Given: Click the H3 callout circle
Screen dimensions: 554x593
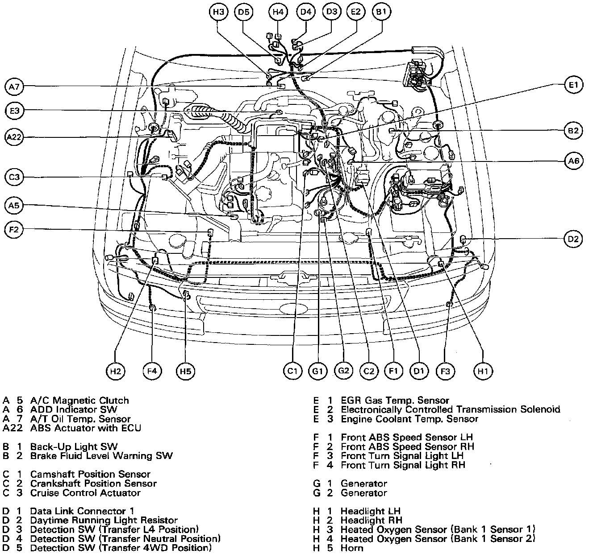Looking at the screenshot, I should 219,12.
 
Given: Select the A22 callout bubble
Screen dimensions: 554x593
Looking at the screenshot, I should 15,137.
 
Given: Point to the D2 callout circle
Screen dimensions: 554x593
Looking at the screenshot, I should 573,240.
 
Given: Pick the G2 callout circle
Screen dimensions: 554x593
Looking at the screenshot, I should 343,371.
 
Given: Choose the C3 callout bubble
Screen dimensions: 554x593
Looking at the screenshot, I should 15,178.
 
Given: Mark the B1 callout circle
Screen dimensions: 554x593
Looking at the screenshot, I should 381,12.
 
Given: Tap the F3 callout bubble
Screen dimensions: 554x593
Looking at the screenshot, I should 445,371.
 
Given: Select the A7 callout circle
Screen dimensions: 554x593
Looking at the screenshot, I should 15,87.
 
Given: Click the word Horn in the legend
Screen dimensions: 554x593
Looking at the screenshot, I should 352,548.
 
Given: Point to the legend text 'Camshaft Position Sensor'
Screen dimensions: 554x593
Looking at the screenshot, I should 90,474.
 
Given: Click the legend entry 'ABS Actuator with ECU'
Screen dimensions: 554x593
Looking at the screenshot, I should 85,428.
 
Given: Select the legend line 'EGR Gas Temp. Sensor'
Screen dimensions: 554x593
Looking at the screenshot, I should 395,401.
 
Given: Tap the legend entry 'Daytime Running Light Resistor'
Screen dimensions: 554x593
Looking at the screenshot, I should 104,520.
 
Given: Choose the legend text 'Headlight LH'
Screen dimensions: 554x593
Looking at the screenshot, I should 370,511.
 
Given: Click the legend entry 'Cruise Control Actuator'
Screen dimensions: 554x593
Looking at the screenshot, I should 85,493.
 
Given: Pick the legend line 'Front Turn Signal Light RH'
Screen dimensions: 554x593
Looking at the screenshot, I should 403,465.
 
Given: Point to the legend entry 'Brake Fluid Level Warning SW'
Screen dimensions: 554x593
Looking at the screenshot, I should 101,456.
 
